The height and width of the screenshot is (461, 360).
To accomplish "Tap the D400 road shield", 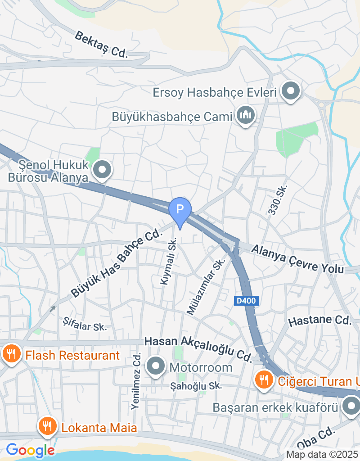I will click(246, 301).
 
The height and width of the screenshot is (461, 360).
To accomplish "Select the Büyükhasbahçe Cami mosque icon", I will click(245, 116).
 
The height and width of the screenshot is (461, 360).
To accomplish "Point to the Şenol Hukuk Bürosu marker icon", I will click(102, 170).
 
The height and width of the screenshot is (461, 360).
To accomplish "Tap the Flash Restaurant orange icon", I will click(10, 354).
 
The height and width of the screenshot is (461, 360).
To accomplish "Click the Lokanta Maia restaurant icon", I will click(47, 426).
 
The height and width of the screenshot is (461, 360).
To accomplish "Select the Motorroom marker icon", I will click(156, 366).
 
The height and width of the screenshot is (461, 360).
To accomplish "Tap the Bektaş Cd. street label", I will click(102, 45).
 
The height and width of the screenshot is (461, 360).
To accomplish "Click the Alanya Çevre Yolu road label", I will click(297, 259).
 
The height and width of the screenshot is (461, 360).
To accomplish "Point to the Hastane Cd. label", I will click(319, 321).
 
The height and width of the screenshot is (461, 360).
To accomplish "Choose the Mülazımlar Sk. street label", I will click(206, 287).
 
